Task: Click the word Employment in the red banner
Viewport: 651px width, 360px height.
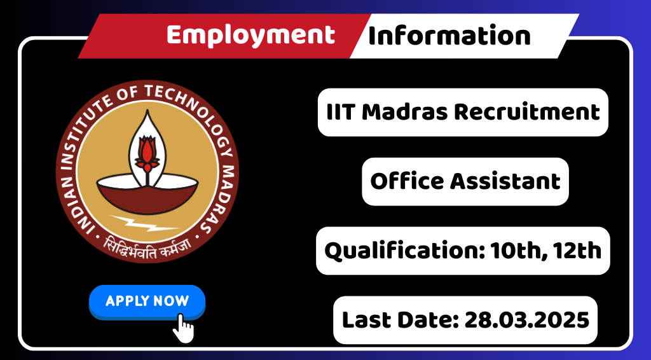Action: coord(250,36)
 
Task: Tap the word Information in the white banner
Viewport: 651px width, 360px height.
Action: coord(449,35)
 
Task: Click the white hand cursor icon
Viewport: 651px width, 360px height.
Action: coord(183,328)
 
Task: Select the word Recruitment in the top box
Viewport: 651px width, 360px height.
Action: coord(527,112)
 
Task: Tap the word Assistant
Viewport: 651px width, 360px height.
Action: coord(505,181)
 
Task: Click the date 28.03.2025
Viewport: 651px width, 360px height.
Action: coord(527,320)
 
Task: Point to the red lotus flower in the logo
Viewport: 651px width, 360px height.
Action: coord(147,154)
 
